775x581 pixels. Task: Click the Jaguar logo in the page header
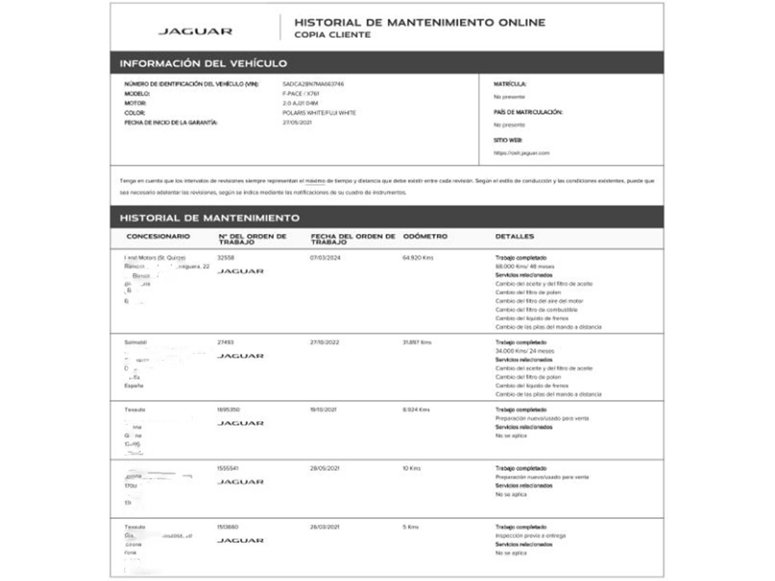[x=195, y=31]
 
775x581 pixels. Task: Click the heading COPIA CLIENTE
[x=332, y=35]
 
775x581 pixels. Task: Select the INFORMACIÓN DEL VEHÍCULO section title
[x=203, y=63]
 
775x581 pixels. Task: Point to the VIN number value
[x=313, y=84]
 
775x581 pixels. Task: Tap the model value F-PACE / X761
[x=301, y=94]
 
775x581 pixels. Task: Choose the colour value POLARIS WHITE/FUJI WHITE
[x=319, y=113]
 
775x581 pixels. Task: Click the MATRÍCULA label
[x=510, y=84]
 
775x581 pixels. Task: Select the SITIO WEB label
[x=508, y=140]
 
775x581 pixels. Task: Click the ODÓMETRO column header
[x=425, y=236]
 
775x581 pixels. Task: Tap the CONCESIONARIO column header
[x=158, y=236]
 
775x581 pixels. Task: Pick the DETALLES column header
[x=514, y=236]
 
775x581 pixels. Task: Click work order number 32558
[x=226, y=258]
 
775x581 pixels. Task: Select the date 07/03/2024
[x=325, y=258]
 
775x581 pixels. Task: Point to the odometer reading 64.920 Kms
[x=418, y=258]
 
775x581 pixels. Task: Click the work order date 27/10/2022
[x=324, y=342]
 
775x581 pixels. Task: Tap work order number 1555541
[x=227, y=468]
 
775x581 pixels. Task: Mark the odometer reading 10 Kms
[x=411, y=468]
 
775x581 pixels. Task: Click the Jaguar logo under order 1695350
[x=240, y=423]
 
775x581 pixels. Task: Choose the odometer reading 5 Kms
[x=410, y=527]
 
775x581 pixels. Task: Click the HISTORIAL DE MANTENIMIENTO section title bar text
[x=209, y=218]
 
